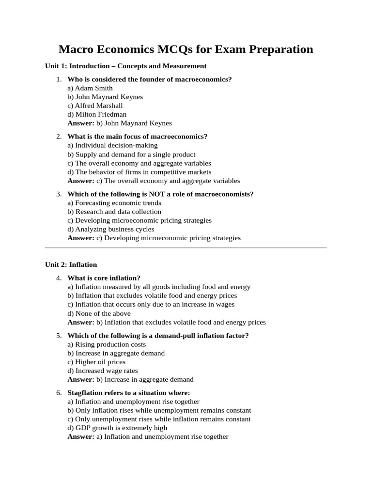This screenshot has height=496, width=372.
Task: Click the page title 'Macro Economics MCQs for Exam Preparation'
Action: [x=186, y=49]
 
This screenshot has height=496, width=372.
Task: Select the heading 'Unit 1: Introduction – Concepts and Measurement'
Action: [x=126, y=66]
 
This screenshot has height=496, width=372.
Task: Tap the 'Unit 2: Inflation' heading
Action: [x=71, y=264]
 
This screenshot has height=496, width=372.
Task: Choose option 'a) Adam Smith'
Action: [x=90, y=88]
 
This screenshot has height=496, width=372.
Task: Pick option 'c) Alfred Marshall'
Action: [x=95, y=106]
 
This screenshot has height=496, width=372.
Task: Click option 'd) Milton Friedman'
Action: [x=97, y=114]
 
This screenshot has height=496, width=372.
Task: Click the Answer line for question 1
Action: [x=120, y=123]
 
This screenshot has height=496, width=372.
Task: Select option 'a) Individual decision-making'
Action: [x=112, y=145]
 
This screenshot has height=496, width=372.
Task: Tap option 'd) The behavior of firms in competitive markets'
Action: [x=139, y=172]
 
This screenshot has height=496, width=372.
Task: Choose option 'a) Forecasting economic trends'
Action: [x=114, y=203]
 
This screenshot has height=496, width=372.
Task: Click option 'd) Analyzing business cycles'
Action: [x=111, y=229]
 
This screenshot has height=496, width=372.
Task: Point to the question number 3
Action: [x=59, y=194]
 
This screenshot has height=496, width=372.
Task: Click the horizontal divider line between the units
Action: [x=186, y=248]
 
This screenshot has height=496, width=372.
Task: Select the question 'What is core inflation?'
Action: [x=104, y=278]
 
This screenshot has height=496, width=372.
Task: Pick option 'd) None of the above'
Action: [x=99, y=313]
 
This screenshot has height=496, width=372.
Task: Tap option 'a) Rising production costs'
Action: [x=107, y=344]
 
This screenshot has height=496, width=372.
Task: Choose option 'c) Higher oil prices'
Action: [x=96, y=362]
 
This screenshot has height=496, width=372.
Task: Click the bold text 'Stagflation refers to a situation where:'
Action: [x=129, y=393]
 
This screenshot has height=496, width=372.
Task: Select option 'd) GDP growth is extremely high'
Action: [x=117, y=428]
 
